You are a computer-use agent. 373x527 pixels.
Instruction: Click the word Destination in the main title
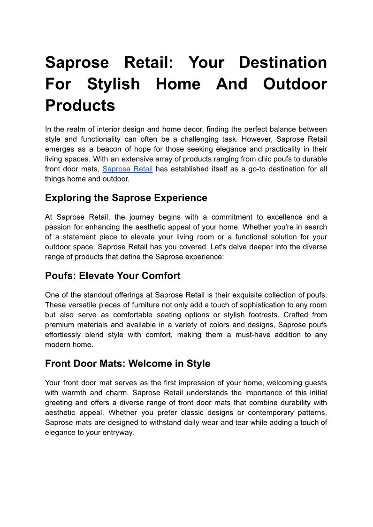click(x=283, y=62)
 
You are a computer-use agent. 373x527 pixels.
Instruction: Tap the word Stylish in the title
click(x=114, y=84)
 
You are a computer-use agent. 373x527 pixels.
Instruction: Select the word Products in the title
click(x=80, y=106)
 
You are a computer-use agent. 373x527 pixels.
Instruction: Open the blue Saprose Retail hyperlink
click(x=127, y=169)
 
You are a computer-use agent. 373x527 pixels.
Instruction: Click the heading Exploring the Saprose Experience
click(x=126, y=198)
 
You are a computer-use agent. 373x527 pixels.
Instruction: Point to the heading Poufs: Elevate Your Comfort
click(x=113, y=276)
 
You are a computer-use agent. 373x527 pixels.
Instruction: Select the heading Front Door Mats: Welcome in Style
click(x=128, y=364)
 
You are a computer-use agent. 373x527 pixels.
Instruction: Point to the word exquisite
click(x=249, y=295)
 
